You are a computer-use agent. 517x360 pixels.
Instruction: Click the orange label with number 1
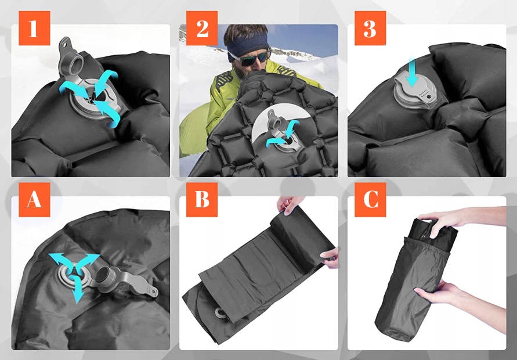[34, 28]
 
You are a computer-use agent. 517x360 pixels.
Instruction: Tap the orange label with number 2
[202, 28]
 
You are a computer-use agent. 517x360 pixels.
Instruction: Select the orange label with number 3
[370, 28]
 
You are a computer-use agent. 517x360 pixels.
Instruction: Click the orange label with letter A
[34, 200]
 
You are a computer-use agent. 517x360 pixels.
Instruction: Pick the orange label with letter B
[202, 200]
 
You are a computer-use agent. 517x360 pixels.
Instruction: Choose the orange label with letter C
[370, 200]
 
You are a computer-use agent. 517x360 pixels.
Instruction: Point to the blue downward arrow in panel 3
[412, 72]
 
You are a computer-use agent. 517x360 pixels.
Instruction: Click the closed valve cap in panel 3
[415, 90]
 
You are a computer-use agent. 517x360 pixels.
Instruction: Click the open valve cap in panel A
[125, 280]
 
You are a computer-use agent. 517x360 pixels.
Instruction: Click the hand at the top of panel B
[290, 204]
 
